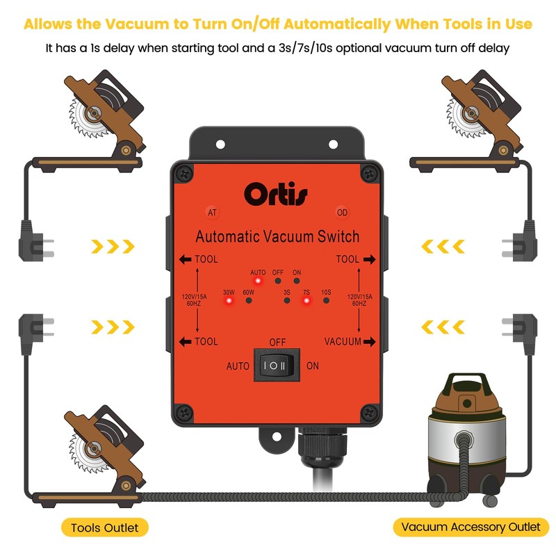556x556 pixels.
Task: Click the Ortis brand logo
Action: click(x=275, y=193)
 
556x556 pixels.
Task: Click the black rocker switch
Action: click(x=277, y=366)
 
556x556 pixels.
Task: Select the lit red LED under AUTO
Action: click(x=258, y=281)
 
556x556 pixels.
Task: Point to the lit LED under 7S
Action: click(x=305, y=302)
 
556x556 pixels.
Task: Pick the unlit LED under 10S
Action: click(x=326, y=302)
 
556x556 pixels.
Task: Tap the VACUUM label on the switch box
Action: click(x=343, y=341)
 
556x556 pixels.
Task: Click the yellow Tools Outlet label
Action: click(x=104, y=528)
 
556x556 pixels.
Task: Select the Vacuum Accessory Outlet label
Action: click(x=471, y=527)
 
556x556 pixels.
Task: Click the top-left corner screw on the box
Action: click(x=183, y=174)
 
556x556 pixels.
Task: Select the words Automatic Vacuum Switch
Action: click(x=277, y=236)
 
